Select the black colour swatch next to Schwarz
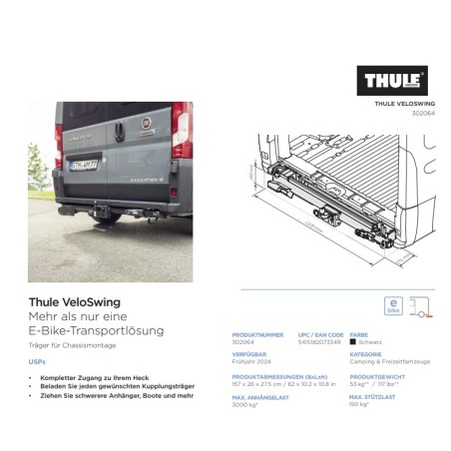point(352,341)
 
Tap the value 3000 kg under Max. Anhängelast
point(245,405)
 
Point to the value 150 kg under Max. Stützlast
point(358,405)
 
